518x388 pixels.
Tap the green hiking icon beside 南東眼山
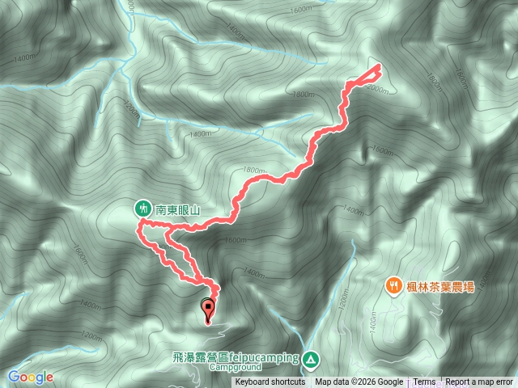[143, 209]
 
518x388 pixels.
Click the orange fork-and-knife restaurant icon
[393, 285]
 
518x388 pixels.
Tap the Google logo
[31, 377]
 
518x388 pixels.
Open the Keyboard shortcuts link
[270, 382]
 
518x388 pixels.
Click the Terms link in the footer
[424, 382]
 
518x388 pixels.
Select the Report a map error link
[479, 382]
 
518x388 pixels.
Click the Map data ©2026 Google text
[359, 382]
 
